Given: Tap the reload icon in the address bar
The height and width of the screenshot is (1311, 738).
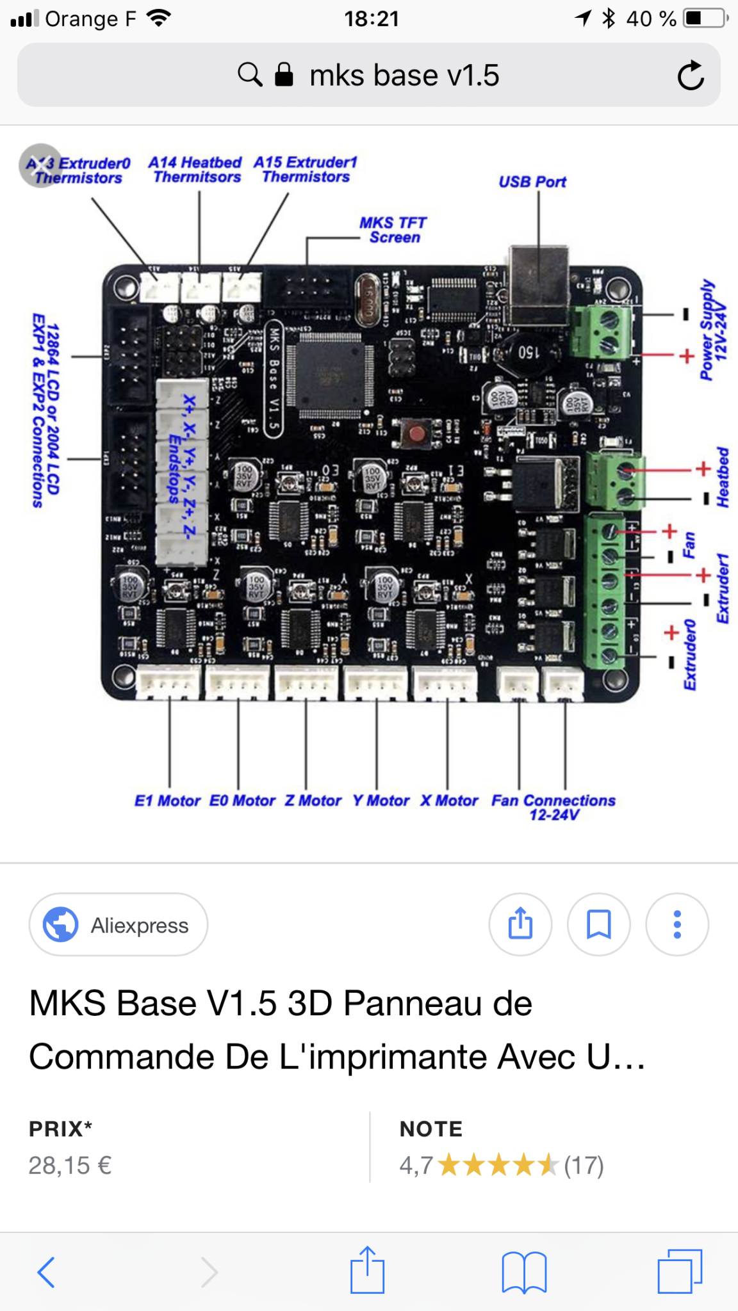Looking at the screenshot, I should (691, 76).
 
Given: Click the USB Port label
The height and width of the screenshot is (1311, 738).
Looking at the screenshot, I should (532, 182).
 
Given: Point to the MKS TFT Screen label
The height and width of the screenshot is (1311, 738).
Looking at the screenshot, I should (393, 230).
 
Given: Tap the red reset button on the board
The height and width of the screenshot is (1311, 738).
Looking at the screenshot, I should (417, 434).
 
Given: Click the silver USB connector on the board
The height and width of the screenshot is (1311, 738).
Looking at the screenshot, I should (539, 282).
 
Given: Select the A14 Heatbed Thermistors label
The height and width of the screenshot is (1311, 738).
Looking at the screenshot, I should (195, 170).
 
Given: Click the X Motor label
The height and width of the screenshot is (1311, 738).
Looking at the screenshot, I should (449, 801).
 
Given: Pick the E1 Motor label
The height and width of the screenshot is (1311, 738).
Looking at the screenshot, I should (167, 801).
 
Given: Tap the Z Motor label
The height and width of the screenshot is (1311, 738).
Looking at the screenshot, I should (313, 801).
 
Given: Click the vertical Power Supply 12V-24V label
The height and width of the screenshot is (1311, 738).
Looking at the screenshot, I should (712, 330).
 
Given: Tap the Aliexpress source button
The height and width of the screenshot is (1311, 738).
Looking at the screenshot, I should (119, 925).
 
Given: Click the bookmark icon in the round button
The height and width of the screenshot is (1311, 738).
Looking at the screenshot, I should (599, 924).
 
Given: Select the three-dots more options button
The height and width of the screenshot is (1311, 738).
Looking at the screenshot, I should (677, 924).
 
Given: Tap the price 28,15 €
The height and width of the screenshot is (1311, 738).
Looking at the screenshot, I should (70, 1165).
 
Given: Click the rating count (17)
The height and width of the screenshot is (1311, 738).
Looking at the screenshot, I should (584, 1165).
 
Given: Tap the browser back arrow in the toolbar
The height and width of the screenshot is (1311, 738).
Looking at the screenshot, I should (46, 1271).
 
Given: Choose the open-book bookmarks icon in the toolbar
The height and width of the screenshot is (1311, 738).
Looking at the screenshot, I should (524, 1271).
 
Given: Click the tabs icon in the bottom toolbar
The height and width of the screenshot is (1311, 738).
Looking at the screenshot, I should (680, 1271).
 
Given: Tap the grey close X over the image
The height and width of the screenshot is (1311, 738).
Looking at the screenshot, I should (40, 165).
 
